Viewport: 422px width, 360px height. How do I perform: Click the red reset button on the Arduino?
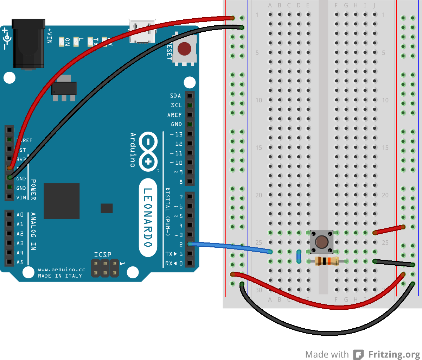(184, 49)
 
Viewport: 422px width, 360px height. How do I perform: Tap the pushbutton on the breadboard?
(321, 242)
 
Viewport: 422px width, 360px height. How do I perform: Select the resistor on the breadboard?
(327, 261)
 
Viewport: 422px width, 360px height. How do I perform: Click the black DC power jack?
(28, 44)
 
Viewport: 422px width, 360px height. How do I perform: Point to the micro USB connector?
(142, 32)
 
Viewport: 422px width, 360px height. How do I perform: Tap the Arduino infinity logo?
(148, 152)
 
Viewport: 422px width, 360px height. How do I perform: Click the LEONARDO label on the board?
(148, 217)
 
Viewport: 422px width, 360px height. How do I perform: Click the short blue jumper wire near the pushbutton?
(299, 257)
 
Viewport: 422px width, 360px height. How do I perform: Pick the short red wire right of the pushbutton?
(389, 230)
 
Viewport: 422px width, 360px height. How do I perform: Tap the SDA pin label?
(175, 96)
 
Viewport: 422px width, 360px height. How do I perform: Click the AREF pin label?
(174, 115)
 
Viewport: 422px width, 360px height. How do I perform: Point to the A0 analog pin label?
(20, 215)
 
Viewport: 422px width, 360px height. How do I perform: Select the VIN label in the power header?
(21, 198)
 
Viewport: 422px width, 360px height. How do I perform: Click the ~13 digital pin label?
(176, 134)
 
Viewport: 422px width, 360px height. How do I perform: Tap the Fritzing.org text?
(394, 354)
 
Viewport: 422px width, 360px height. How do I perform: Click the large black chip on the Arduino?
(62, 201)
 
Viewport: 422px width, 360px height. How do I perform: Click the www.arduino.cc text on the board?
(62, 270)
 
